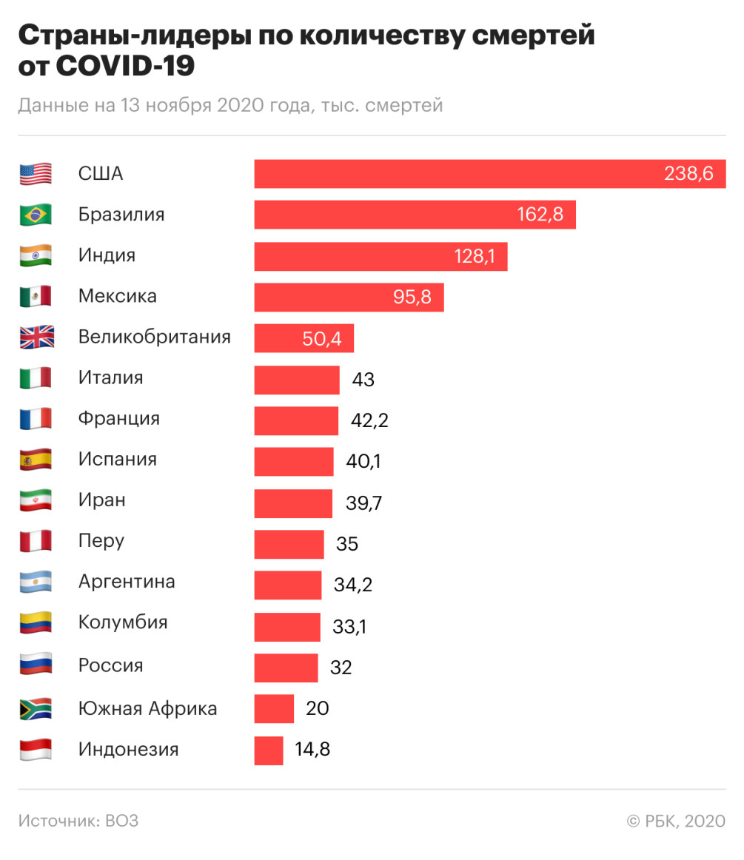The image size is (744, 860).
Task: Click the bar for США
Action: pos(459,174)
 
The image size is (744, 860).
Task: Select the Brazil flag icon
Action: pos(36,215)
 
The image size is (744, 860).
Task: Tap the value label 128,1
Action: pos(480,256)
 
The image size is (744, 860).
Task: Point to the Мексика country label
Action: pos(118,296)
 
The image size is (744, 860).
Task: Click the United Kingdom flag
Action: pos(36,337)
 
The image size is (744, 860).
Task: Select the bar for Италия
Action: pos(297,380)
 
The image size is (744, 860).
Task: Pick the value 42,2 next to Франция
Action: pos(369,421)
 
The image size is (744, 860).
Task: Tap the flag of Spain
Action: pos(36,460)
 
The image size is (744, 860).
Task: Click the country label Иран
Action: pos(102,500)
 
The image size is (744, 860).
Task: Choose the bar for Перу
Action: pos(289,544)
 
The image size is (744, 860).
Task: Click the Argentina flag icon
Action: pos(36,582)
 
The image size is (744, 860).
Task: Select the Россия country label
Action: pos(111,665)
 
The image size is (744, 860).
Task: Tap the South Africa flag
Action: pos(36,708)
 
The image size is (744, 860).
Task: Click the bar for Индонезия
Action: pos(269,750)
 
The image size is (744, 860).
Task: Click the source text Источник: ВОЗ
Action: pos(78,821)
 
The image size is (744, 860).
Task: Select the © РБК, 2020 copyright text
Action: pos(676,821)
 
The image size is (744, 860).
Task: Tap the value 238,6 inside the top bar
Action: pos(688,174)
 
